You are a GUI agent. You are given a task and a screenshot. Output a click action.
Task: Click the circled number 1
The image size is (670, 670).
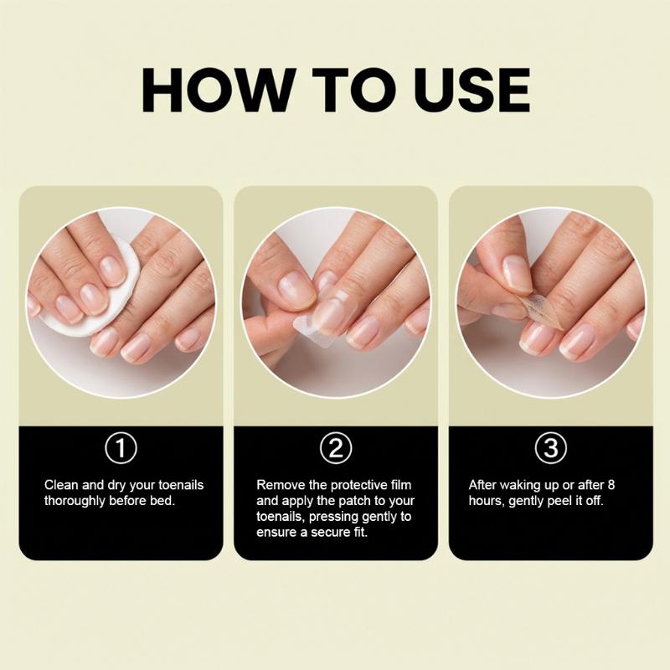[121, 448]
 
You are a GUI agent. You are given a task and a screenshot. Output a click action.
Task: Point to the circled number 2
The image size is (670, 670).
[336, 448]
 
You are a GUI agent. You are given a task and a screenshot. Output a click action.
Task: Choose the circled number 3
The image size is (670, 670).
[551, 448]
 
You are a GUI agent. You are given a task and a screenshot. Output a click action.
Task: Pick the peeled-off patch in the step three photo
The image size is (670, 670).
[540, 310]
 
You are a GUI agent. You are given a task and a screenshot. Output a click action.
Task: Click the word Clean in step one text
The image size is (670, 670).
[61, 485]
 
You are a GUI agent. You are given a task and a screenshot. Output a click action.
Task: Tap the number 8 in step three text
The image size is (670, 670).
[611, 485]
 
